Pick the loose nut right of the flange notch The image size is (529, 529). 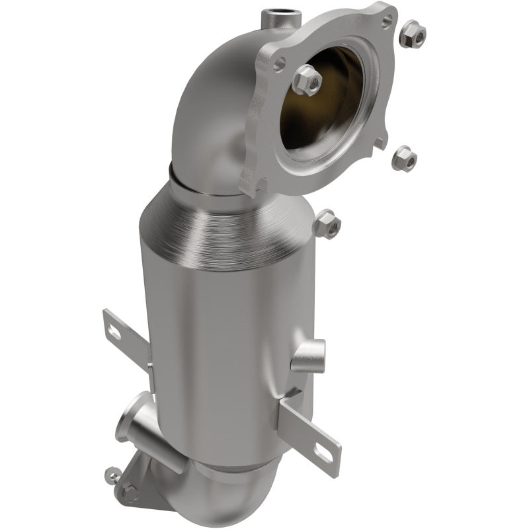point(403,159)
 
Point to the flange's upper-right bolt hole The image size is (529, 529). point(386,22)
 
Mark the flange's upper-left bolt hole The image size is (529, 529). point(278,63)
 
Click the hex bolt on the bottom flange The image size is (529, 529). point(130,492)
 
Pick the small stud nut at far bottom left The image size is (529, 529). point(113,473)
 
